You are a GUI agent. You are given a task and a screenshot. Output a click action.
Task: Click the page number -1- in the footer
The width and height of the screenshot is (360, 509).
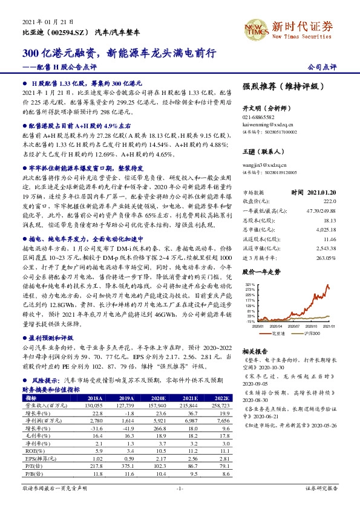(x=179, y=487)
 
